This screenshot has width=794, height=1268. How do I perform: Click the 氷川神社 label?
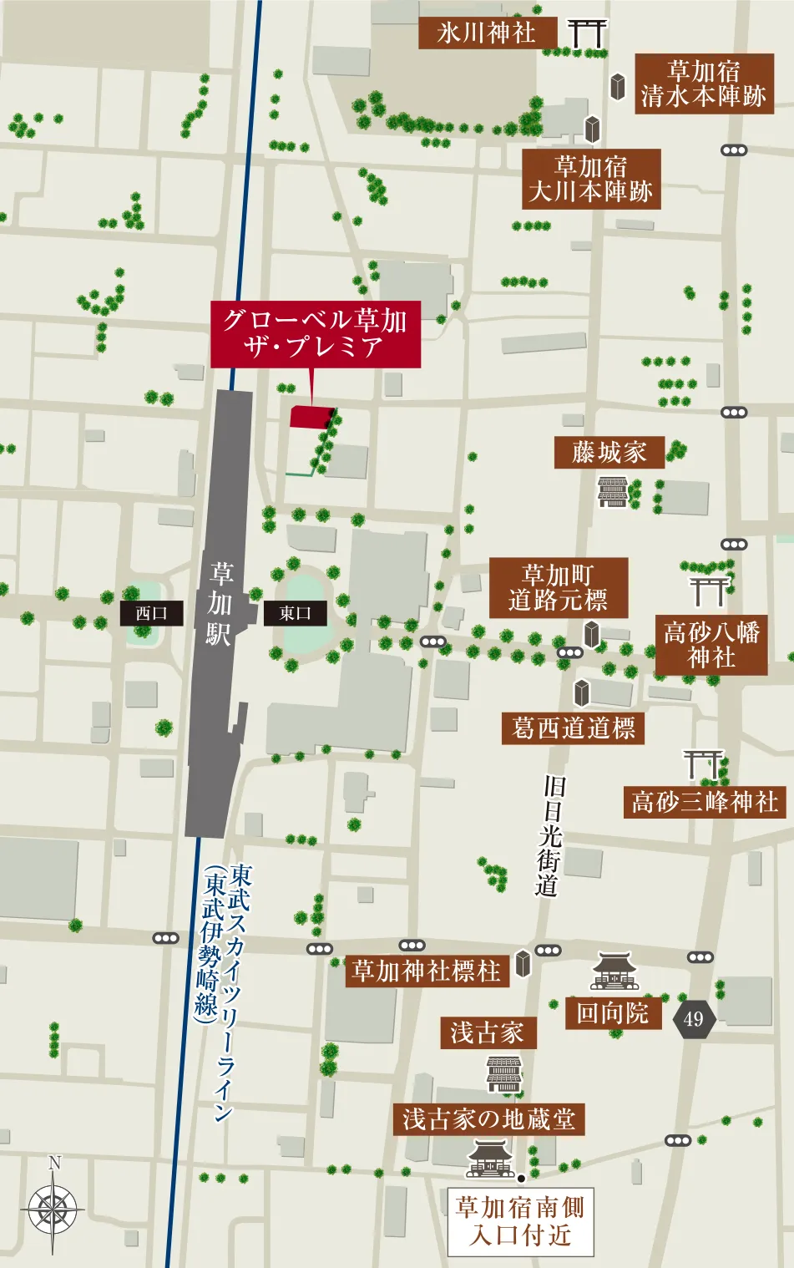point(487,33)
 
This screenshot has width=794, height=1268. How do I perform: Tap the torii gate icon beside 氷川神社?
point(587,33)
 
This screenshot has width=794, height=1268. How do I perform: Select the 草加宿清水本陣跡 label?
point(704,84)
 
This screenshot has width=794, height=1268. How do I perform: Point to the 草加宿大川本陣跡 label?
point(591,179)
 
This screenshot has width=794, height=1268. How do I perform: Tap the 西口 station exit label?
point(151,613)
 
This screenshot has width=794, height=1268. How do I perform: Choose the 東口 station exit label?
point(295,613)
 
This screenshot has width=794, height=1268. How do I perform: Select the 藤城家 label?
point(609,453)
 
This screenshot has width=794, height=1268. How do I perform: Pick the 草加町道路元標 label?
point(558,588)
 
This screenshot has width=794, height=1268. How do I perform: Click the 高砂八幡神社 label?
point(711,645)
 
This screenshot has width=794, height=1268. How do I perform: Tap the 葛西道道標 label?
point(573,728)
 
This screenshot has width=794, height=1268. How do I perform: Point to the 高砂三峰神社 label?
point(705,803)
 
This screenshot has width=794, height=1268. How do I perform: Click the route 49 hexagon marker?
point(694,1018)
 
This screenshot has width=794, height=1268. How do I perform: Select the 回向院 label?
point(613,1013)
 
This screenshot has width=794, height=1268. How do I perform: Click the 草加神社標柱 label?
point(427,971)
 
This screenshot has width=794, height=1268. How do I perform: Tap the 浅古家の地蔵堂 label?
point(488,1119)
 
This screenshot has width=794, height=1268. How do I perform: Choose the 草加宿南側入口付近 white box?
point(520,1221)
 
